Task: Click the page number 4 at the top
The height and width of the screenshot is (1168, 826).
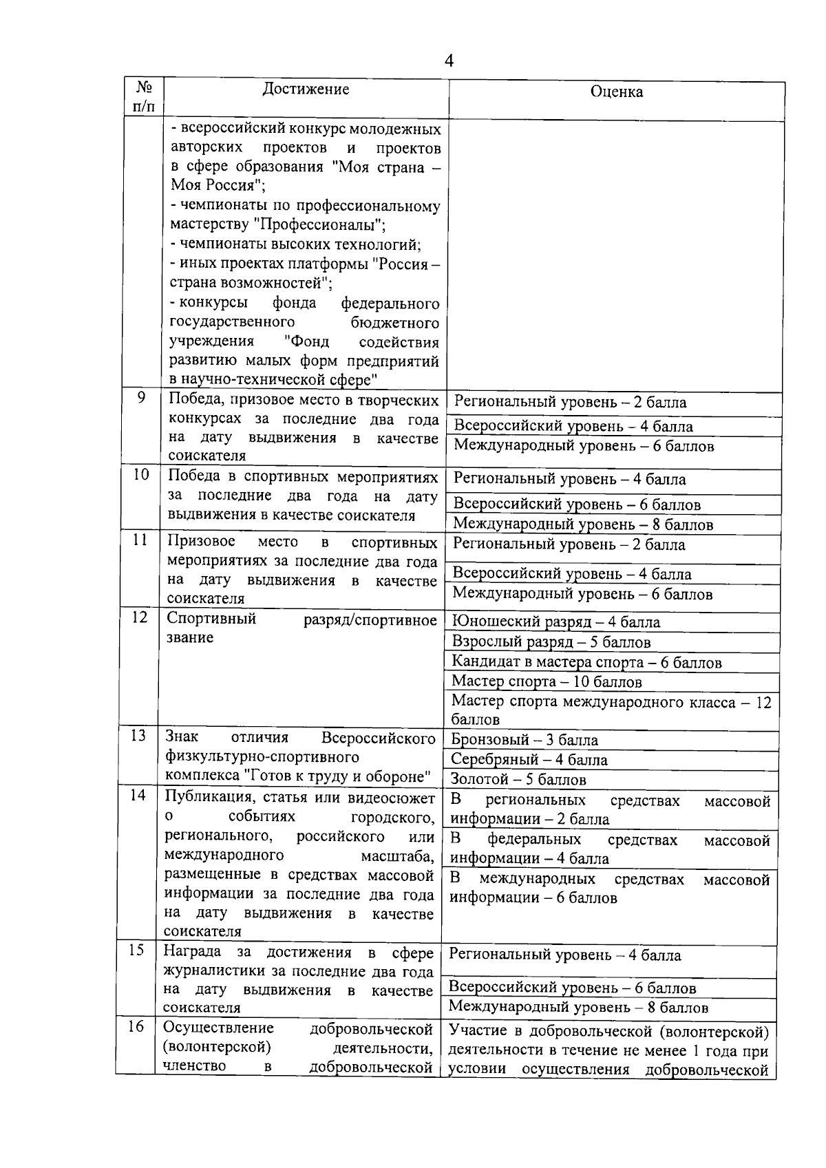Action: [449, 61]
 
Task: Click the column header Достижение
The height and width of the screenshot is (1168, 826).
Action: [306, 89]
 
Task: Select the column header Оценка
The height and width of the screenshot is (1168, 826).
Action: [617, 92]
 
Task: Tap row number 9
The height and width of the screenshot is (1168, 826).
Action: [142, 397]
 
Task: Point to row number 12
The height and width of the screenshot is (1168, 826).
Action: [140, 617]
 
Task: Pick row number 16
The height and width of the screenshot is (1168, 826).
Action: [137, 1026]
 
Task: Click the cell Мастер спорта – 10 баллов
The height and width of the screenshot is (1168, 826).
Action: [547, 682]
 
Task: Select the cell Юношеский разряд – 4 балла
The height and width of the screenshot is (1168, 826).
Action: [555, 622]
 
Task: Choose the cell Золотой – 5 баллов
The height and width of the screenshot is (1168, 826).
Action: [518, 780]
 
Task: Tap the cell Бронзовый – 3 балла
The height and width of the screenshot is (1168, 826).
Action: [524, 740]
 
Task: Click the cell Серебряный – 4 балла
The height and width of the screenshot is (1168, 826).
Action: [529, 760]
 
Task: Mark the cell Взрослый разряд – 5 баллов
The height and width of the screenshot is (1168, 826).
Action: [551, 642]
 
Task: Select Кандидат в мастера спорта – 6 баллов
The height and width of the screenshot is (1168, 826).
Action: [586, 663]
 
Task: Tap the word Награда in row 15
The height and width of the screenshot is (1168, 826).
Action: [192, 952]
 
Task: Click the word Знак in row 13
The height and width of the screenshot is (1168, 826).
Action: [182, 737]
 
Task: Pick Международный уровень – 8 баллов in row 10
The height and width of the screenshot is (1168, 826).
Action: [583, 524]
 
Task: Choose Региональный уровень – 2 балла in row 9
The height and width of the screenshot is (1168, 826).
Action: [570, 402]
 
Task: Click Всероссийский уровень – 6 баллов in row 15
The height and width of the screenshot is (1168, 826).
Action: [572, 988]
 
